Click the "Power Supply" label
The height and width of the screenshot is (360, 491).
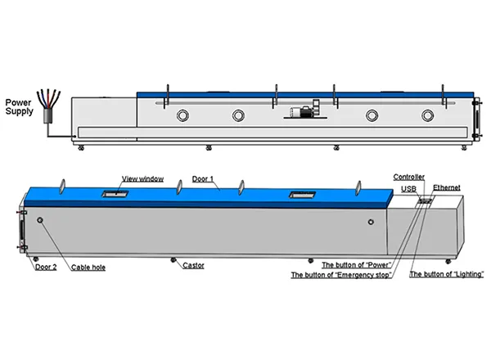(19, 107)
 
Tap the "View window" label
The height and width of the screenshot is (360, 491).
(142, 178)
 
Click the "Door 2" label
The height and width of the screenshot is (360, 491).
(45, 266)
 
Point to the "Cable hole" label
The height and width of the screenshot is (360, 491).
(88, 267)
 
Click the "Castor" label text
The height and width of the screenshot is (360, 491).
(193, 266)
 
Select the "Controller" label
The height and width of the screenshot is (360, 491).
(408, 177)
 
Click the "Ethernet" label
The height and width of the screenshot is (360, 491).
(447, 187)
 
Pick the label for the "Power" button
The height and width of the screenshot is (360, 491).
(355, 265)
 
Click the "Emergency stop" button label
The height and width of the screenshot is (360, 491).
(341, 275)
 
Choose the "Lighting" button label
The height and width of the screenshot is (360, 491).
(447, 275)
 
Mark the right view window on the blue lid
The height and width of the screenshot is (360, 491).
(298, 196)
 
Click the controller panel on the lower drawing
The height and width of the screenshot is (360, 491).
(425, 200)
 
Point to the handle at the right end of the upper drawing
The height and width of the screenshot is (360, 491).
(478, 118)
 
